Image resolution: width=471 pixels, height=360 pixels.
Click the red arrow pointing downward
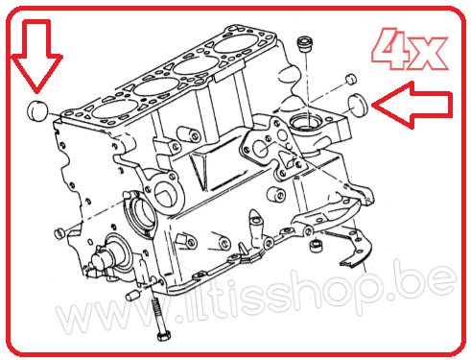[x=36, y=56]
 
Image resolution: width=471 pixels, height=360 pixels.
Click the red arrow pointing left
[x=412, y=105]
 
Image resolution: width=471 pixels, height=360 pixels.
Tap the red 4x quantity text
[x=410, y=49]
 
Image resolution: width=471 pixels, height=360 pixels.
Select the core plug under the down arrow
[x=36, y=110]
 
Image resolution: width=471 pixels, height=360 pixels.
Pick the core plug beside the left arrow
[x=358, y=106]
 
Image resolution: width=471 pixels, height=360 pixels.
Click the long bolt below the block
[x=159, y=317]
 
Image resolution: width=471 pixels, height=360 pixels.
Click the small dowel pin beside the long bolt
[x=132, y=296]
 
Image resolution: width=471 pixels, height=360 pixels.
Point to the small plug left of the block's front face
[x=59, y=233]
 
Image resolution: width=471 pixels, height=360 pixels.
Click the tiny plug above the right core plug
[x=351, y=79]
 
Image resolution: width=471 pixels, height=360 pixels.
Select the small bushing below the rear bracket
[x=317, y=246]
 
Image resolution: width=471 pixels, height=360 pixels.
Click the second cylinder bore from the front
[x=156, y=86]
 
